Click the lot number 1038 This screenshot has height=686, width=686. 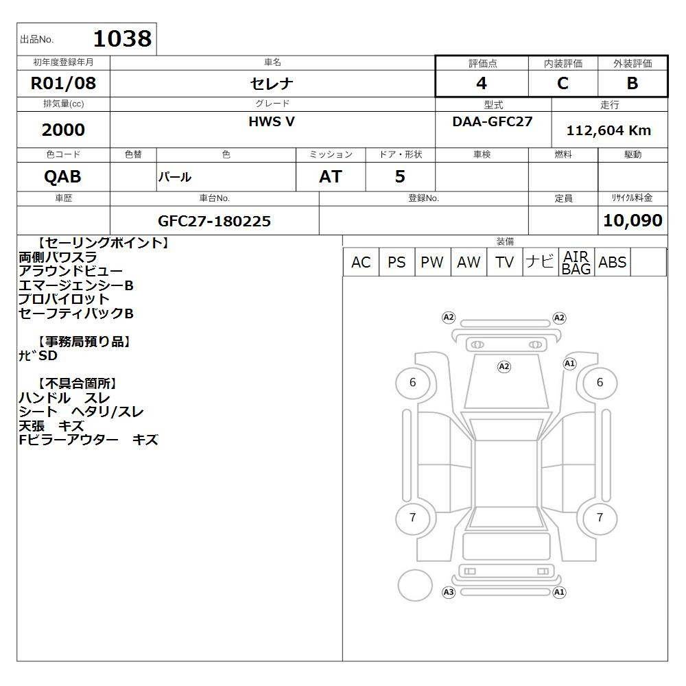pos(123,38)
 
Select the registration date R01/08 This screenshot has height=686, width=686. pos(63,83)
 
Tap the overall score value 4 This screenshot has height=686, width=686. pos(482,83)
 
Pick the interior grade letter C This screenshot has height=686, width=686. pos(563,83)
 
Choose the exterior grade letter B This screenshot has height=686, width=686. pos(632,83)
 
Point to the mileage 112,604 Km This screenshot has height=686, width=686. pos(608,130)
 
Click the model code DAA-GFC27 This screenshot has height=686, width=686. pos(492,121)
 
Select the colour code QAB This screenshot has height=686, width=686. pos(62,176)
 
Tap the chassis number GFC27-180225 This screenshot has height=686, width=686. pos(214,221)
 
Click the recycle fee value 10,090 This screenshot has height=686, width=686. pos(632,220)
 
